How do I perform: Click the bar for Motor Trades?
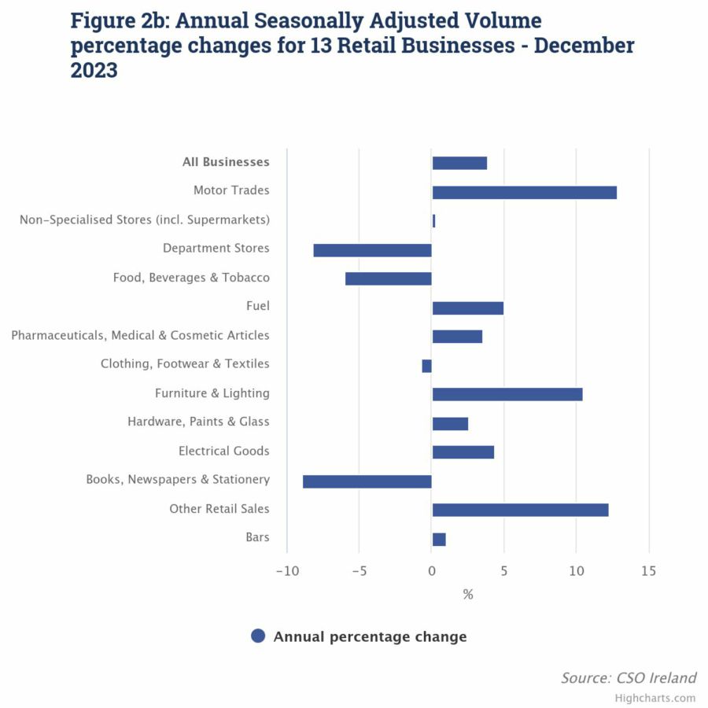pos(524,192)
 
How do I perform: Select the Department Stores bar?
pos(372,250)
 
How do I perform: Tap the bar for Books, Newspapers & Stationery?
pos(367,481)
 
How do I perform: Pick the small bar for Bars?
pos(439,539)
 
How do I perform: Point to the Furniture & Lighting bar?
pos(507,394)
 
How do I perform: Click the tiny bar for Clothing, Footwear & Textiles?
pos(427,366)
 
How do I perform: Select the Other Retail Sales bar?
pos(520,510)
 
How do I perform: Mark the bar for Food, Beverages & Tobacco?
pos(389,278)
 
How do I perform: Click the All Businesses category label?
pos(226,162)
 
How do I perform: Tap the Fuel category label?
pos(257,306)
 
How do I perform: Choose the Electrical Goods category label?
pos(223,451)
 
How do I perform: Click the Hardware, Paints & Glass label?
pos(198,422)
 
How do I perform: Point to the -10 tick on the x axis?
pos(286,570)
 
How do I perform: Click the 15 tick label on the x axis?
pos(648,570)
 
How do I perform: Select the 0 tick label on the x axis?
pos(432,570)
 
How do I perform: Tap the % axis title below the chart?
pos(468,595)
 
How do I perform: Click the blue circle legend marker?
pos(258,636)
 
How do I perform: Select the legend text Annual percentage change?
pos(370,636)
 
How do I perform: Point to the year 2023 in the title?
pos(94,70)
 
